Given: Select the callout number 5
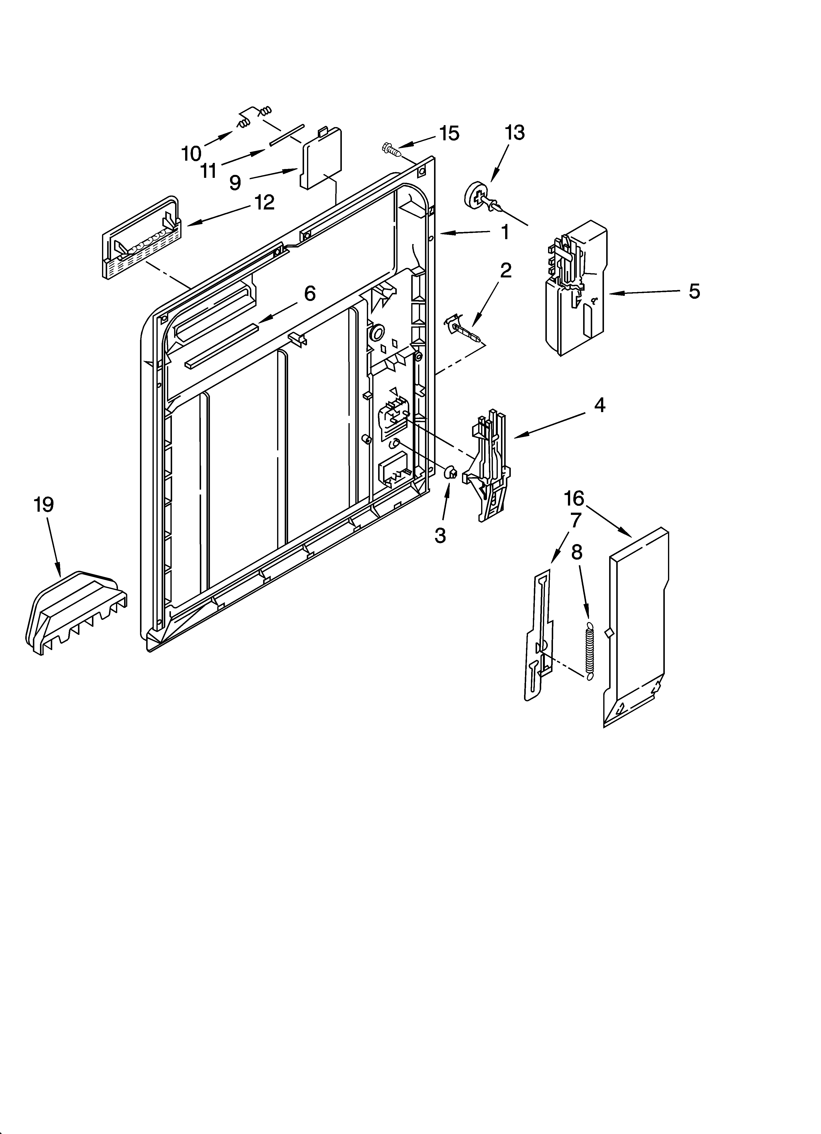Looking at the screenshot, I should tap(694, 291).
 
